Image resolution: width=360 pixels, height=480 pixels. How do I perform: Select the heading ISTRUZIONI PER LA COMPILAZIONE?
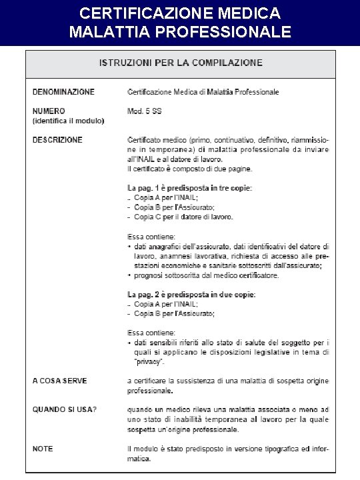pos(181,63)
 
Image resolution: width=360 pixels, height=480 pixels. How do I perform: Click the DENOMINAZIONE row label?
pos(63,92)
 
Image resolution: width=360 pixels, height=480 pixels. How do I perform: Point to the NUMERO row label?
pos(49,111)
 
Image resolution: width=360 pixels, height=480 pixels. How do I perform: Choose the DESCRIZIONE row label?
pos(57,140)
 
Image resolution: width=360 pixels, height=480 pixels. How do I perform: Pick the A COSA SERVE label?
pos(59,381)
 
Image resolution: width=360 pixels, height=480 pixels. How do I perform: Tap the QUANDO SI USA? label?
pos(65,409)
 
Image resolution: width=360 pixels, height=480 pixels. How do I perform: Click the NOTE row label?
pos(43,449)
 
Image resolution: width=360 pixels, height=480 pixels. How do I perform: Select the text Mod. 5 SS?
pos(144,111)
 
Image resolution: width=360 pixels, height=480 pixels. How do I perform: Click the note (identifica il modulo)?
pos(68,121)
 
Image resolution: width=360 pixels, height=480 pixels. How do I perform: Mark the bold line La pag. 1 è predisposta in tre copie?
pos(189,188)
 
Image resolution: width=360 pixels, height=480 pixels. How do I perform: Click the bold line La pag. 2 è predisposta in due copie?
pos(191,294)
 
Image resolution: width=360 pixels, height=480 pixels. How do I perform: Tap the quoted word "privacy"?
pos(147,362)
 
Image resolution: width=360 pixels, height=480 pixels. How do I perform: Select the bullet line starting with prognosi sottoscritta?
pos(207,275)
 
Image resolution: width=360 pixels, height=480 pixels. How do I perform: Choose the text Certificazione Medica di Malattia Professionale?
pos(203,92)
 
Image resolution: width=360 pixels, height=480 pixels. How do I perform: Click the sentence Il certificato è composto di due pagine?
pos(189,169)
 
